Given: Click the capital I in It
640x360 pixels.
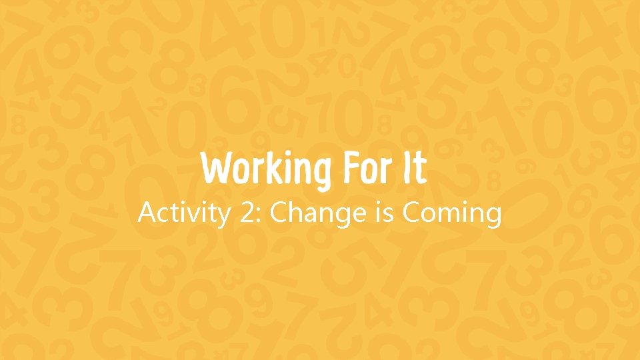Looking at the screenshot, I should click(407, 169).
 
